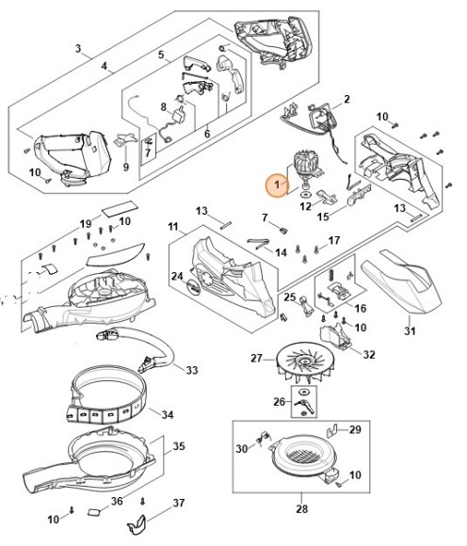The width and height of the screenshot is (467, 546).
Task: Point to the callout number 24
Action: coord(177,276)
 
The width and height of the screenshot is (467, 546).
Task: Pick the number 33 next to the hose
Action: coord(192,368)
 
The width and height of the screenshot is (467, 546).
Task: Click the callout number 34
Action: coord(192,414)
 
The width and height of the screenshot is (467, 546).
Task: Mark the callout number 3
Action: coord(78,49)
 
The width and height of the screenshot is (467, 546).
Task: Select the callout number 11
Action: coord(173,228)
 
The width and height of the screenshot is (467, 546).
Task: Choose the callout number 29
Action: coord(355,429)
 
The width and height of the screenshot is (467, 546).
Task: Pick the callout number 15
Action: coord(323,217)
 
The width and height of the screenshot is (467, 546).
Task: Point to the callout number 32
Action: coord(369,355)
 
